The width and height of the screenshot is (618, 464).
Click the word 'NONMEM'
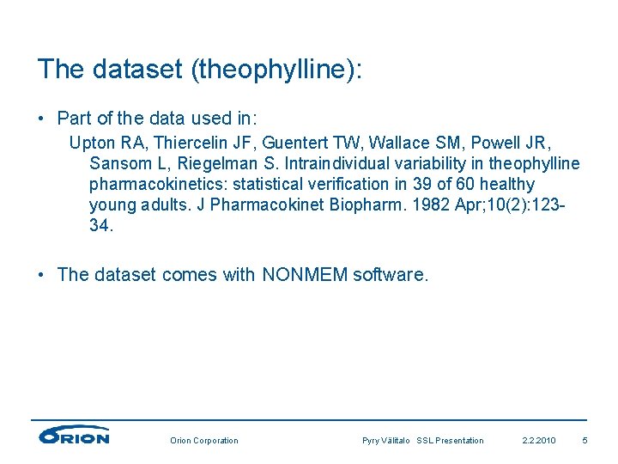coord(305,275)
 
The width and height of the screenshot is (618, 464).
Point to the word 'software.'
coord(391,275)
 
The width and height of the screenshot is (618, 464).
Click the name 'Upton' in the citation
coord(89,141)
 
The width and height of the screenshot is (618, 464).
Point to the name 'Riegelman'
coord(208,163)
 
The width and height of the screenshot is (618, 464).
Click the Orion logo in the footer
coord(74,437)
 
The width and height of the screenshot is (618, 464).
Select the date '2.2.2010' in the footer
coord(539,441)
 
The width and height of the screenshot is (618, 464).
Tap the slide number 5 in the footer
coord(585,441)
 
